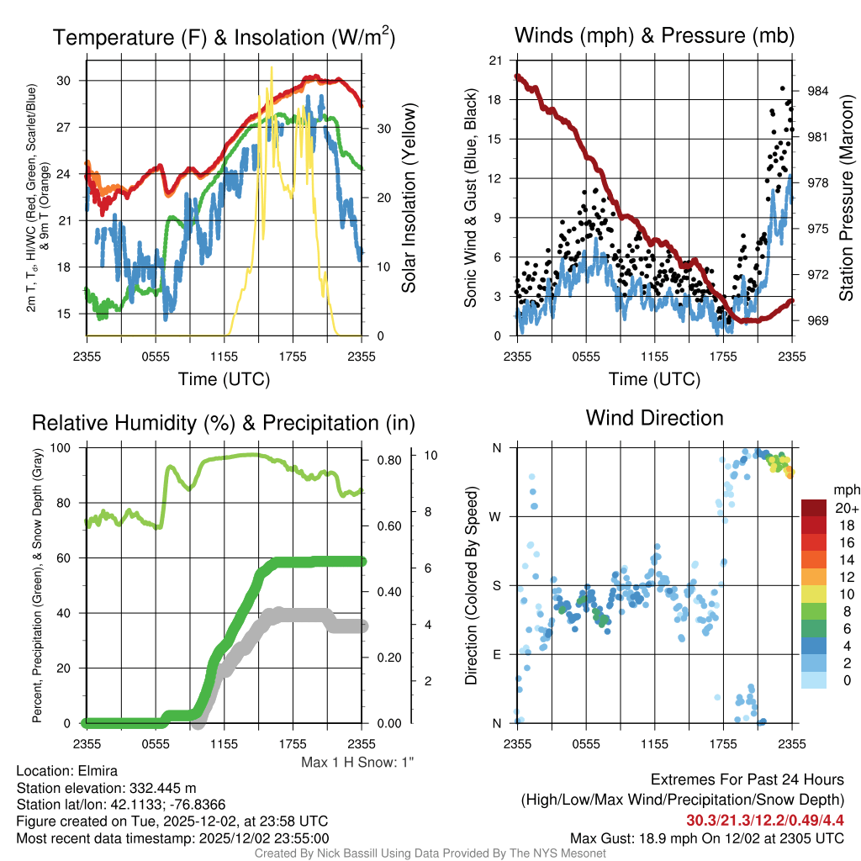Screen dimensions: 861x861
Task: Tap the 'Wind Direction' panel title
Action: click(x=654, y=418)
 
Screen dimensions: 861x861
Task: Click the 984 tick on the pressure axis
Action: click(x=818, y=91)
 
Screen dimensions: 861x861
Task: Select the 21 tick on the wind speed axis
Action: click(x=495, y=61)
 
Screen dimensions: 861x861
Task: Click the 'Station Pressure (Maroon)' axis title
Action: click(x=847, y=210)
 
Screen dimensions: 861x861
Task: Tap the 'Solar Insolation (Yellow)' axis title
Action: click(x=409, y=198)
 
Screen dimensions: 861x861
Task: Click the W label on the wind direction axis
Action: click(x=496, y=516)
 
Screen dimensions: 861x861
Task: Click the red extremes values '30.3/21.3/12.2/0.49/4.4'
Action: click(x=764, y=821)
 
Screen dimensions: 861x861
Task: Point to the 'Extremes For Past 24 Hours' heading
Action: click(x=747, y=780)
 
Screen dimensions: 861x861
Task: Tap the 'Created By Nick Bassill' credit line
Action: click(x=430, y=853)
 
